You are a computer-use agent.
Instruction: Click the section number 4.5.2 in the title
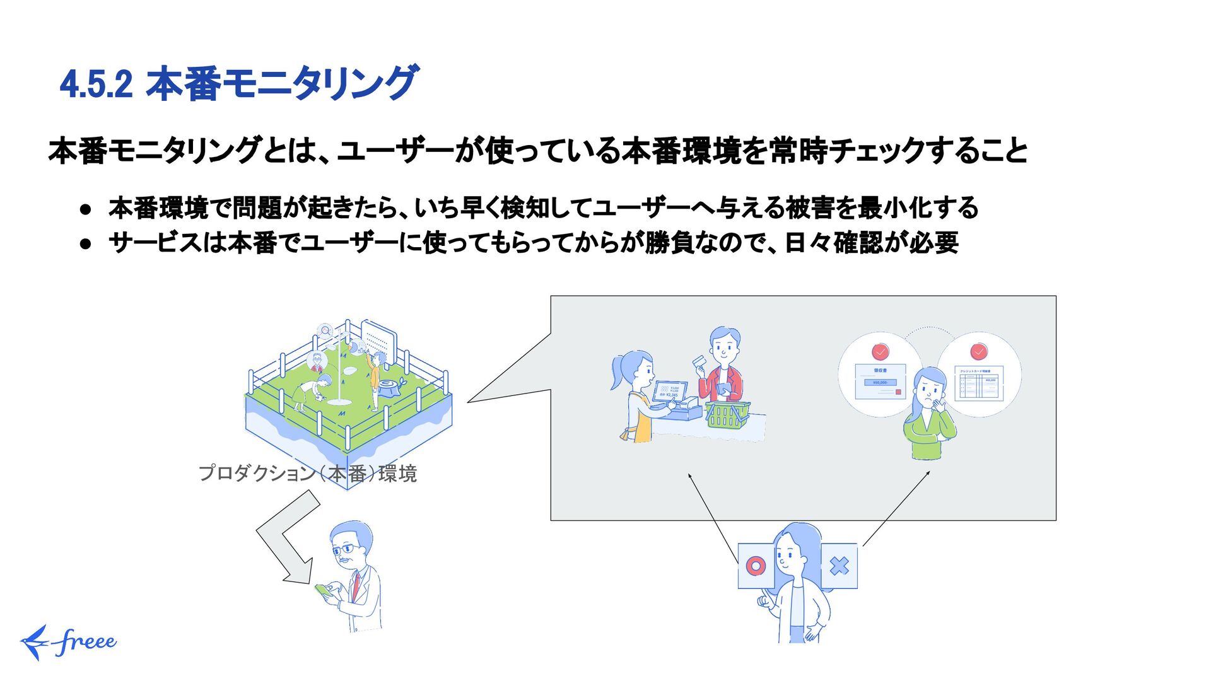pyautogui.click(x=96, y=84)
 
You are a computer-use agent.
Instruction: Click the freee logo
pyautogui.click(x=68, y=642)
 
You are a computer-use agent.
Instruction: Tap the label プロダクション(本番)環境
pyautogui.click(x=307, y=473)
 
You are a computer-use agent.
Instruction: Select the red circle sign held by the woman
pyautogui.click(x=755, y=566)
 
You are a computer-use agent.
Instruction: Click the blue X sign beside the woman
pyautogui.click(x=840, y=566)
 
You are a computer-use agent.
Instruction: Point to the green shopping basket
pyautogui.click(x=727, y=414)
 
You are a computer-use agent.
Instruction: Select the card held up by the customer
pyautogui.click(x=699, y=363)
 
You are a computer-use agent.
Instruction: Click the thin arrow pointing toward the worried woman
pyautogui.click(x=896, y=508)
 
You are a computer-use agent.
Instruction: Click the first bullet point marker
pyautogui.click(x=86, y=209)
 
